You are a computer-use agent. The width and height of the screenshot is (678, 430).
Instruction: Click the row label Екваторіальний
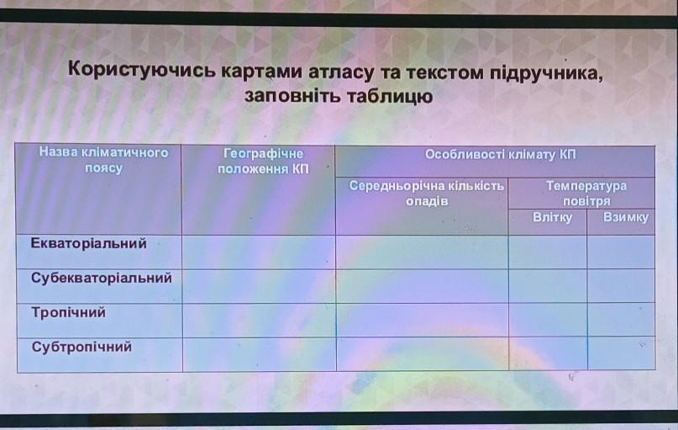(89, 244)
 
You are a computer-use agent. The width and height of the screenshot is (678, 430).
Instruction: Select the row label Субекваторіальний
(102, 279)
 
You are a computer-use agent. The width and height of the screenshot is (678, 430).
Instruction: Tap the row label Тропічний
(68, 313)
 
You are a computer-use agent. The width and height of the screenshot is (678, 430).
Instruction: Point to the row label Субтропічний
(81, 348)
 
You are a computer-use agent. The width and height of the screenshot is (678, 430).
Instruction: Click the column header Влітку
(552, 217)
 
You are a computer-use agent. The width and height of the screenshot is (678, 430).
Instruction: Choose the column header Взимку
(626, 217)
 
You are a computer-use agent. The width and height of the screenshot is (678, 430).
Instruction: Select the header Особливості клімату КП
(500, 155)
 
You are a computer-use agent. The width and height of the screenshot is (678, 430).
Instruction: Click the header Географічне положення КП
(263, 161)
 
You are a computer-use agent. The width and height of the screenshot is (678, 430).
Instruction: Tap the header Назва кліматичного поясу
(104, 160)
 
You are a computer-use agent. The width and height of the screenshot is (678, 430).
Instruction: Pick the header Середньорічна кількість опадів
(427, 194)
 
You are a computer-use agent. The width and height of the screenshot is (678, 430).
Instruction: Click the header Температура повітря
(586, 194)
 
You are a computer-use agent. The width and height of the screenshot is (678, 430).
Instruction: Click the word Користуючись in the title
(141, 70)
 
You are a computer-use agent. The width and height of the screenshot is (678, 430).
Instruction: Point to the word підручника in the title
(546, 73)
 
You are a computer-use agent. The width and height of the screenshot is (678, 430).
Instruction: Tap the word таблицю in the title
(390, 96)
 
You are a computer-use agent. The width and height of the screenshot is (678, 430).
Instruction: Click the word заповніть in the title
(292, 95)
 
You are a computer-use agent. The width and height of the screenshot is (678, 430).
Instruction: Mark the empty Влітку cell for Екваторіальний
(548, 252)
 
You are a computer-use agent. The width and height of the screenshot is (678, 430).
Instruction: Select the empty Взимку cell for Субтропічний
(622, 353)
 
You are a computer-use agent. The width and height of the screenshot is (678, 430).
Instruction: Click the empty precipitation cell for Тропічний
(423, 320)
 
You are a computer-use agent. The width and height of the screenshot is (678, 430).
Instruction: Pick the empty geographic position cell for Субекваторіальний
(259, 286)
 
